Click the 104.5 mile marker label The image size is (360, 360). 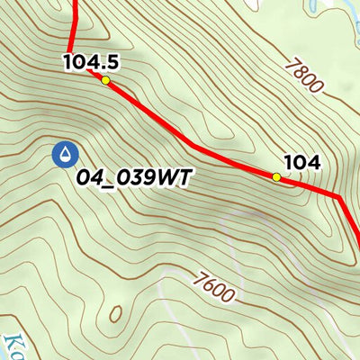[91, 62]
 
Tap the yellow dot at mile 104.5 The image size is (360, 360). [105, 80]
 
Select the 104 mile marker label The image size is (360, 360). [302, 163]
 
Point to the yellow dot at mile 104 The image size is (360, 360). [276, 177]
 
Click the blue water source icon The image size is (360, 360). [64, 156]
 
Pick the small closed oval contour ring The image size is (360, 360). [114, 314]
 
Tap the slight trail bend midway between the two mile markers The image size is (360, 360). [191, 144]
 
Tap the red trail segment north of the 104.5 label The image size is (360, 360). [74, 22]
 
